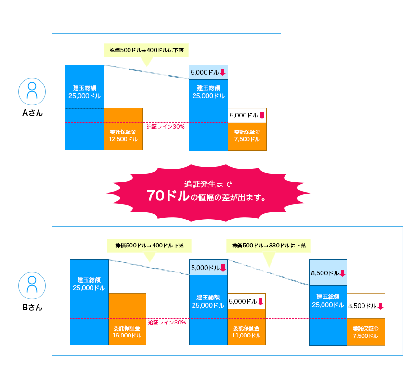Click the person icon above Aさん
tap(32, 91)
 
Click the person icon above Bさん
tap(32, 285)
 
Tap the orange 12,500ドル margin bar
tap(123, 129)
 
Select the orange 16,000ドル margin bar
tap(127, 319)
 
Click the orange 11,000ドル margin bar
tap(246, 327)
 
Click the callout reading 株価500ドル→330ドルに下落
tap(269, 246)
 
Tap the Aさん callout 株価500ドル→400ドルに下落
tap(146, 50)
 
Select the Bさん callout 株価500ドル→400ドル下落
tap(149, 246)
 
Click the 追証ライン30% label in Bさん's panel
tap(167, 323)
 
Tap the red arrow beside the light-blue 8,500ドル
tap(342, 273)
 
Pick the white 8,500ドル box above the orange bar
tap(366, 306)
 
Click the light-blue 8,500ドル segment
tap(328, 273)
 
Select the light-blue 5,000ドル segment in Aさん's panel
tap(208, 72)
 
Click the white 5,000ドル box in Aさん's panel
tap(247, 115)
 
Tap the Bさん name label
tap(32, 307)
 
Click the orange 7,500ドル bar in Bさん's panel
tap(366, 332)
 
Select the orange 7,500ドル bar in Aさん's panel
tap(247, 136)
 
